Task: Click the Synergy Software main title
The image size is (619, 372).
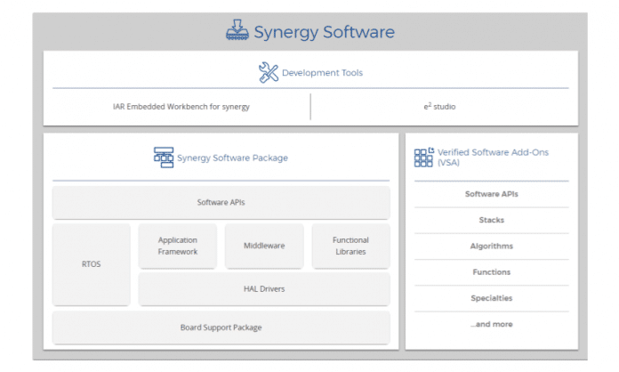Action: click(324, 32)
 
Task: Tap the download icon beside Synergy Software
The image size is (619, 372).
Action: click(237, 30)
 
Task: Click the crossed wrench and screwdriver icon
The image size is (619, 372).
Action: click(269, 72)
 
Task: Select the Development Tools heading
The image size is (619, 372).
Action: click(322, 73)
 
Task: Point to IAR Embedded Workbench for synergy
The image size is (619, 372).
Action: click(181, 107)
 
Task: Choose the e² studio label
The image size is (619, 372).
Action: click(439, 106)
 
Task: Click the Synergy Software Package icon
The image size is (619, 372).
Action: click(164, 158)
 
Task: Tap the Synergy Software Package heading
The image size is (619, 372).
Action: click(232, 158)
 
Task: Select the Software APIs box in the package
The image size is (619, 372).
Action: click(221, 202)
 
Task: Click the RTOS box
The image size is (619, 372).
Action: click(92, 263)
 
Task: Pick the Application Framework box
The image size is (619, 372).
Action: click(178, 246)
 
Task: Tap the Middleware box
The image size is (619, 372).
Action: click(264, 246)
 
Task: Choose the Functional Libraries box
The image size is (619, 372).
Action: click(351, 246)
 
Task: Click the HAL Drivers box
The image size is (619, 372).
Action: click(264, 288)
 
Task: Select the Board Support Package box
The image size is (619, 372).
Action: click(221, 328)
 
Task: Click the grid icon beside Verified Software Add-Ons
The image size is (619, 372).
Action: click(424, 158)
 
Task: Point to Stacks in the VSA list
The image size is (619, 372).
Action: click(492, 220)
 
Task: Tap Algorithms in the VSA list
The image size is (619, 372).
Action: click(492, 246)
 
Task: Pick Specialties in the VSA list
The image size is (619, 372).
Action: click(492, 298)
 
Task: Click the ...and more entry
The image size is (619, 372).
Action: click(492, 324)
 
